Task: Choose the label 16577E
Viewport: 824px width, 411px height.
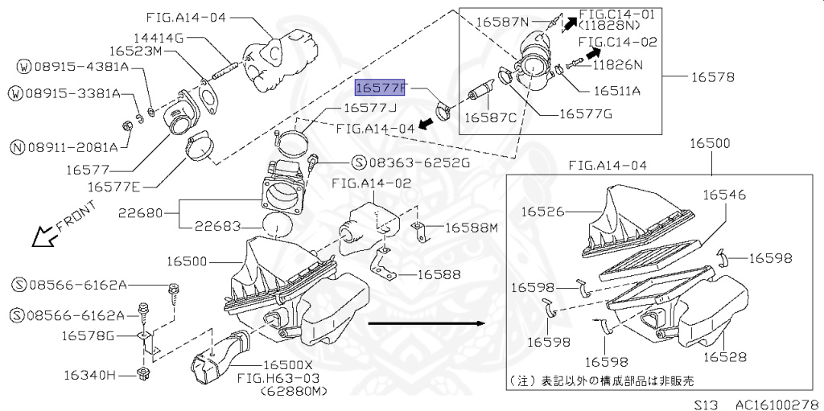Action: [x=113, y=186]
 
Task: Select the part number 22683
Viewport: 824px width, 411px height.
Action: [x=216, y=227]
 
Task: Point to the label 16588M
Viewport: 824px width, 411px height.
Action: [x=472, y=228]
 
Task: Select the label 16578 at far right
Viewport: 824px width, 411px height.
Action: [x=712, y=77]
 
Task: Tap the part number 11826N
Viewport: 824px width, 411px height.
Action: [x=620, y=64]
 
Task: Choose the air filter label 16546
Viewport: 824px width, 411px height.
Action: [x=723, y=195]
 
